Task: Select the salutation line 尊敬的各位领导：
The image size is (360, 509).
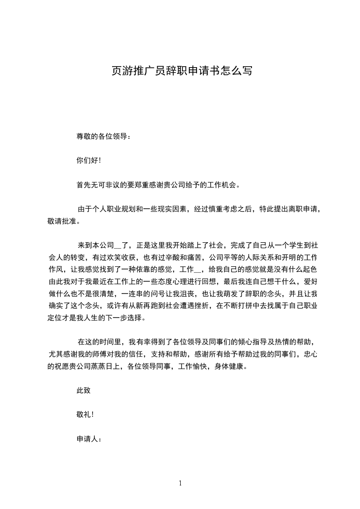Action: (104, 136)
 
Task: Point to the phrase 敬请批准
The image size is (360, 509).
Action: (60, 221)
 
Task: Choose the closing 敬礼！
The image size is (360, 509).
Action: (86, 414)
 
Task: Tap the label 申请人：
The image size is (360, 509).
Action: (89, 439)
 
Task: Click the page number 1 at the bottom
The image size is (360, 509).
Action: (180, 483)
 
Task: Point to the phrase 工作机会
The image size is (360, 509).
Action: (221, 185)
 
